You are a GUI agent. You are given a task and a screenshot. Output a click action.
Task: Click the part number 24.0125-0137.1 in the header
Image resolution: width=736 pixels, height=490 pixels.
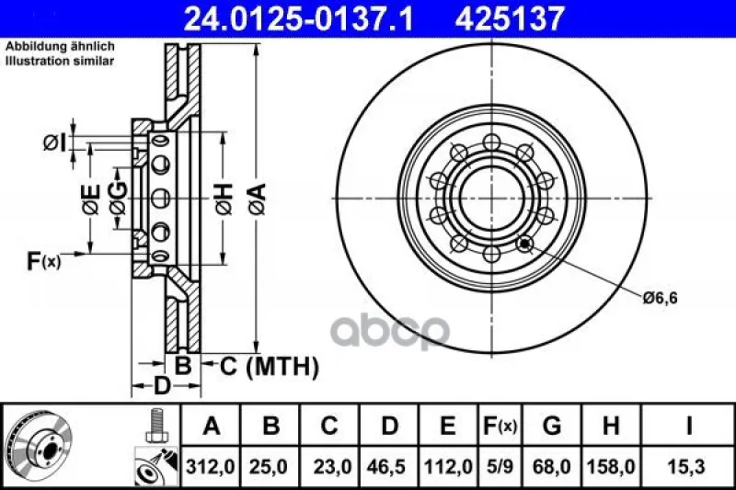tap(298, 18)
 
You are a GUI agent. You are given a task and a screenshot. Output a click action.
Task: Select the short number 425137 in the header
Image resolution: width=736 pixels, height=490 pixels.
tap(509, 18)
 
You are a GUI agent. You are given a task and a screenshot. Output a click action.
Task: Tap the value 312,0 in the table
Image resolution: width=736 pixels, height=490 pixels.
tap(210, 467)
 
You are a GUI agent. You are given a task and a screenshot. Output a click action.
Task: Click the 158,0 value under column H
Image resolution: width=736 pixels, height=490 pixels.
tap(611, 467)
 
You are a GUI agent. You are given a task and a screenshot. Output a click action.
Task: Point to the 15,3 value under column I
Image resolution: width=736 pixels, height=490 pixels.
tap(687, 467)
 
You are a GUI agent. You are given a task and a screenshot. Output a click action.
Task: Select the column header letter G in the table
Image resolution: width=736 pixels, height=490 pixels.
tap(551, 426)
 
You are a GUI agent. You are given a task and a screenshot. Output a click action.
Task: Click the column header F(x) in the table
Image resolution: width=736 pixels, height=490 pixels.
tap(500, 426)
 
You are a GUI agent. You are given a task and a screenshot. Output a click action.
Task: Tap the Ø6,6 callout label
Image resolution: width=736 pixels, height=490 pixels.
tap(660, 297)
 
